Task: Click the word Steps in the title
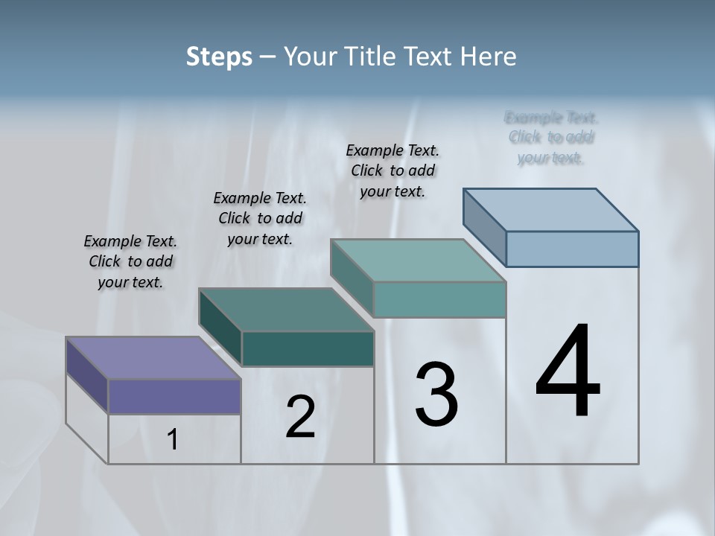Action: click(x=219, y=57)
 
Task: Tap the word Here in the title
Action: click(x=489, y=57)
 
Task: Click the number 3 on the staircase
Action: click(x=436, y=395)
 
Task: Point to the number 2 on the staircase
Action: click(x=301, y=417)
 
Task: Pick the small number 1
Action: click(x=173, y=440)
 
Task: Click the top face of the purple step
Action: click(x=153, y=358)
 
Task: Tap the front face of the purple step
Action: click(x=174, y=396)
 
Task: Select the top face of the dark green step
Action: click(x=286, y=310)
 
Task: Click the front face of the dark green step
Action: click(x=308, y=348)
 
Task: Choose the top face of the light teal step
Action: click(x=418, y=261)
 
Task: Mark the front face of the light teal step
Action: click(x=439, y=299)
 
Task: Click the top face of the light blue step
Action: click(x=551, y=209)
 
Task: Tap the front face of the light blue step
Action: click(x=572, y=249)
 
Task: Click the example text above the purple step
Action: click(x=130, y=262)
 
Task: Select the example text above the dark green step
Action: click(x=260, y=218)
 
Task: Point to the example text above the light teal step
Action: click(x=393, y=170)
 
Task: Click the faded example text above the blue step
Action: click(x=551, y=138)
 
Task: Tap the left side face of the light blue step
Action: click(x=485, y=226)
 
